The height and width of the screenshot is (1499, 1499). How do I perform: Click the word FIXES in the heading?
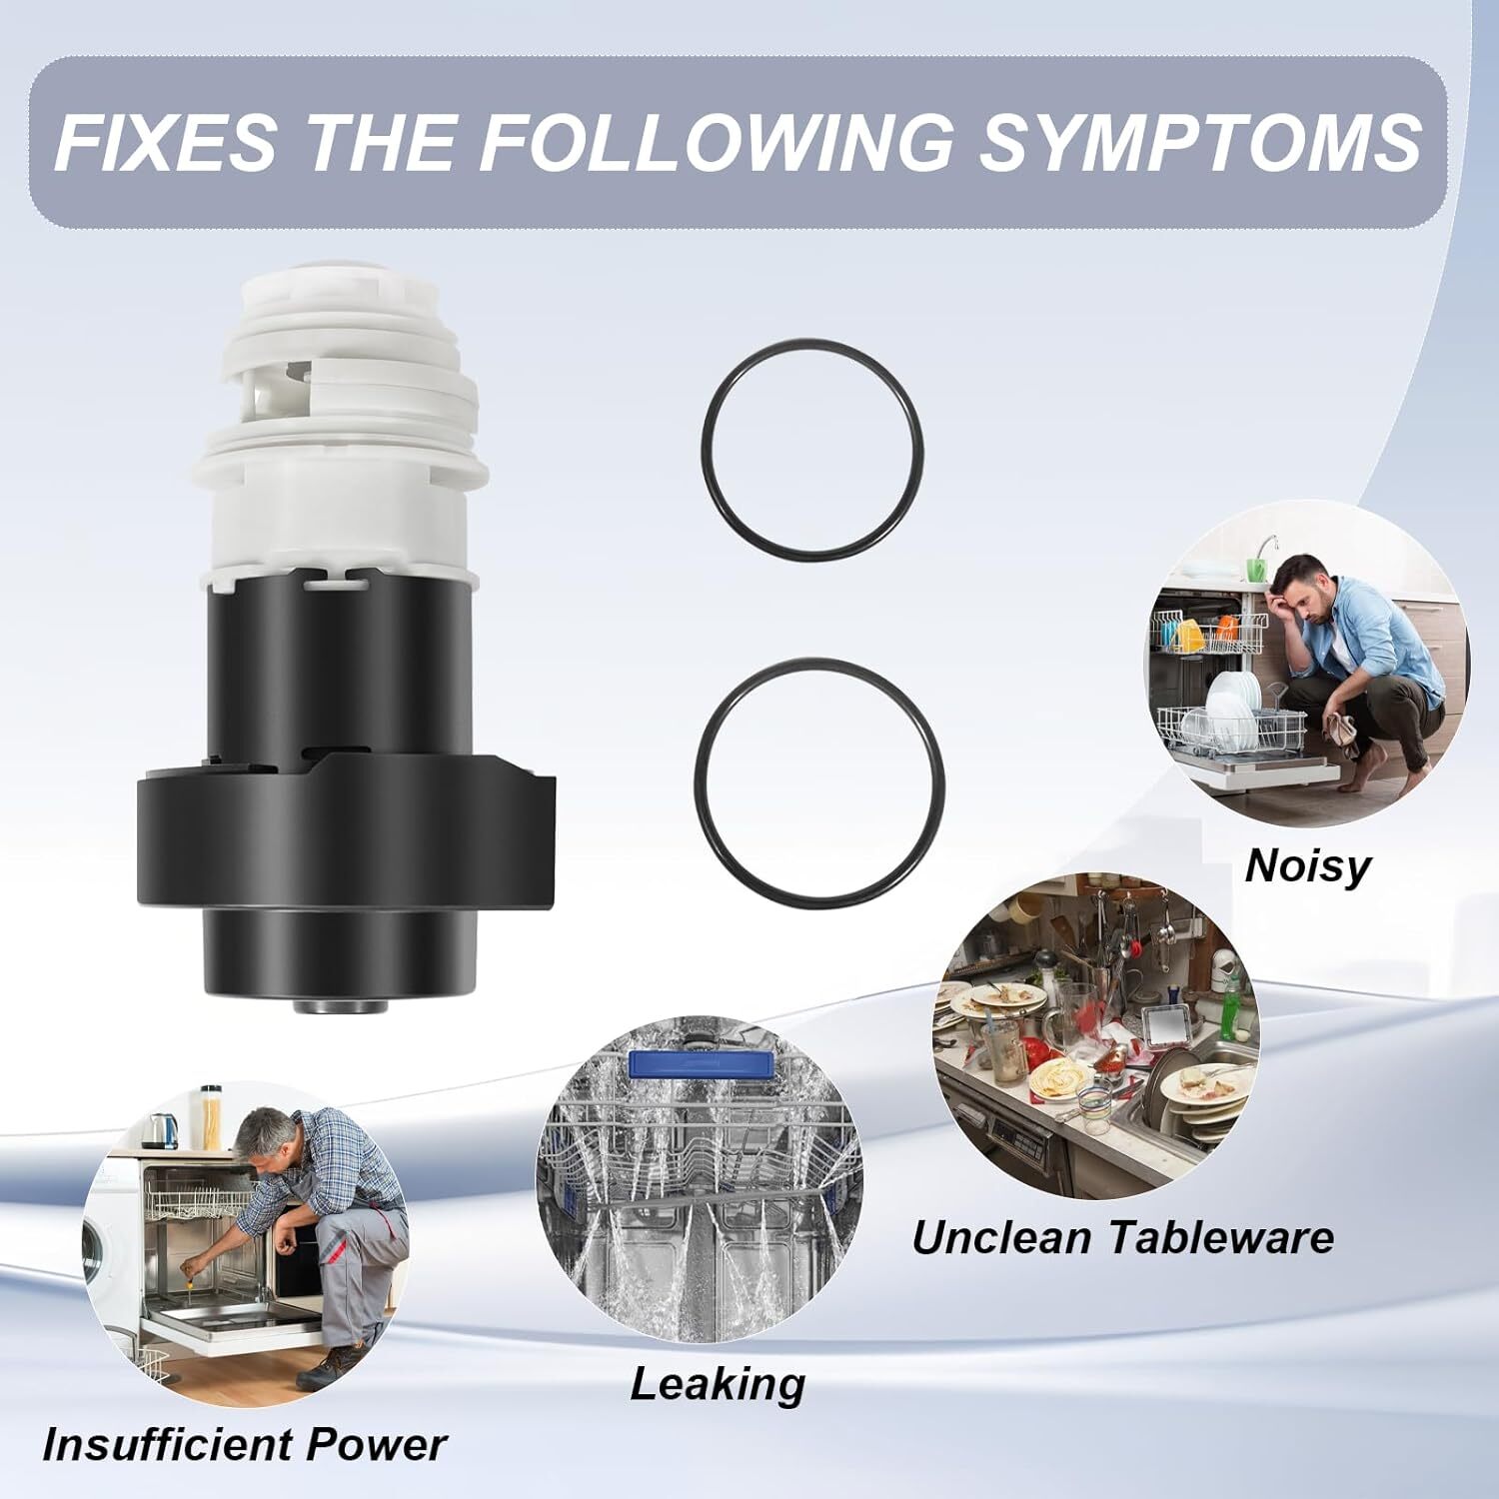coord(165,141)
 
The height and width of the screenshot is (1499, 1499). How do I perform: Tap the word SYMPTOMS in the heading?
coord(1199,141)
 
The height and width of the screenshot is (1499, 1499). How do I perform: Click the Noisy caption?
coord(1307,867)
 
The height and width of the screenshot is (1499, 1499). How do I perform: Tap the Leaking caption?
coord(718,1384)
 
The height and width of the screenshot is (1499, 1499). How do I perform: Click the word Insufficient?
coord(167,1445)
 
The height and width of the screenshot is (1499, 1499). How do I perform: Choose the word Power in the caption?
coord(377,1445)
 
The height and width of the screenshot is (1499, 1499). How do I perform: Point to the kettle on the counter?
coord(160,1129)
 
